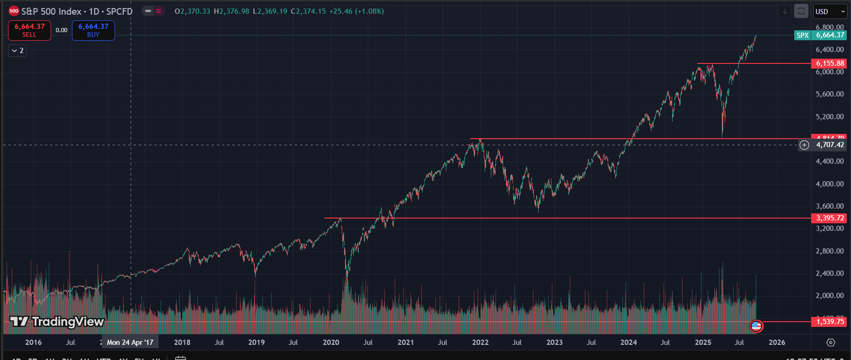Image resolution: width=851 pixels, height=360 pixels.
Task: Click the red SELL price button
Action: click(29, 30)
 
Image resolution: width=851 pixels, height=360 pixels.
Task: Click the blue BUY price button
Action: click(93, 30)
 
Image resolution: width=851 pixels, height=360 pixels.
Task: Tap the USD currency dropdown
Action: click(830, 11)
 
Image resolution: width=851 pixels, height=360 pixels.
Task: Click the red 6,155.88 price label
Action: click(829, 63)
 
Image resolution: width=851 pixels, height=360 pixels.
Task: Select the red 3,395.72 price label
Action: click(829, 218)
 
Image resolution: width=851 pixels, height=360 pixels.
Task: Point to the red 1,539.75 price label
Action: click(829, 322)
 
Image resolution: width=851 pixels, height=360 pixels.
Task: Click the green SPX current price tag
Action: click(820, 35)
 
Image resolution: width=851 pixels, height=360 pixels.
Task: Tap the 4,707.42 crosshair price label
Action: click(829, 145)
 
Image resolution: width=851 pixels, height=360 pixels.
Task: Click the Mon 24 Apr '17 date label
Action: click(130, 342)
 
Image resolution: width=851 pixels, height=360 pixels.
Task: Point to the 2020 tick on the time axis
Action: click(331, 342)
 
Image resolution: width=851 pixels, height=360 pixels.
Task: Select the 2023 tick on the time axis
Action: click(554, 342)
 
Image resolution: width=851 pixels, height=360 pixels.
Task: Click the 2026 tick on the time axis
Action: click(777, 342)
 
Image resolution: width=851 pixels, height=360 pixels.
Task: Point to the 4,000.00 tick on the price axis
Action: click(829, 184)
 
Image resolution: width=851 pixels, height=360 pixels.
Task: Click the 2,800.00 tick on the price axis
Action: click(829, 251)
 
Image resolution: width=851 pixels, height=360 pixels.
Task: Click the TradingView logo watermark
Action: click(57, 322)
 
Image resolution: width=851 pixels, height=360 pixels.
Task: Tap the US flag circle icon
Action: click(756, 325)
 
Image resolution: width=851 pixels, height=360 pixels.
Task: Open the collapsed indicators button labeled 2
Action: click(17, 51)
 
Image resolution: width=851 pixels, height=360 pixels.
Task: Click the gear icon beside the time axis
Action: click(831, 342)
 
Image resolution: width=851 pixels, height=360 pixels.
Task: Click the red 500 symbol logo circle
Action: click(14, 11)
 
